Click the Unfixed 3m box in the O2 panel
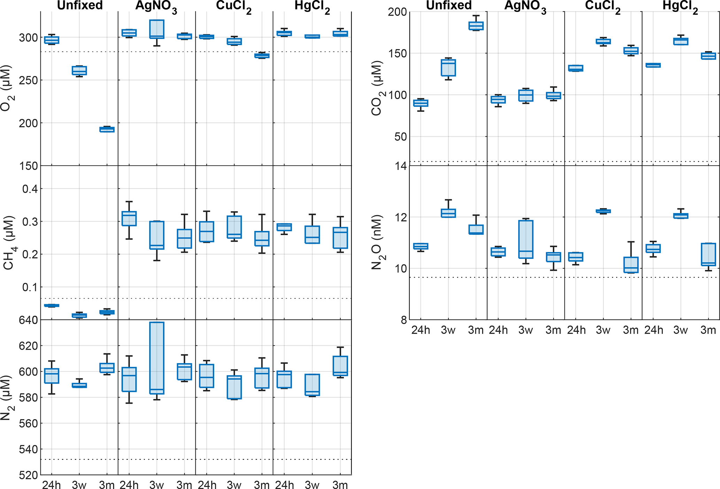107,129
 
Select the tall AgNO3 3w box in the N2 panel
157,358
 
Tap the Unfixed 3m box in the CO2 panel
476,26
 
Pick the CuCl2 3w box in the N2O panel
603,211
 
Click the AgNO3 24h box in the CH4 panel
129,219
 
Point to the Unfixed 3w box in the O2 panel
79,70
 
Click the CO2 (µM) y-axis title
377,88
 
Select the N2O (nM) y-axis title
377,242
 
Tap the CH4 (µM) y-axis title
8,243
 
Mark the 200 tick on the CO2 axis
397,12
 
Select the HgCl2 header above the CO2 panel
679,6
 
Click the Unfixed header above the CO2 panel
449,5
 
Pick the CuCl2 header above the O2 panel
233,6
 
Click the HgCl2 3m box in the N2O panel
708,254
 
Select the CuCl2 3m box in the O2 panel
262,56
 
